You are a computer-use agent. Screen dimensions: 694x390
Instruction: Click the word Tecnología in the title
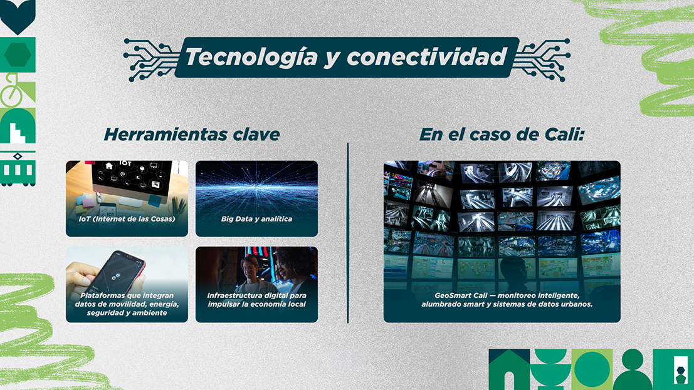point(251,58)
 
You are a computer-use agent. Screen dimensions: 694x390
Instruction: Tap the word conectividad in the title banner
point(427,56)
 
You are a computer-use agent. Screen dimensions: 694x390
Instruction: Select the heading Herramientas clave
point(192,135)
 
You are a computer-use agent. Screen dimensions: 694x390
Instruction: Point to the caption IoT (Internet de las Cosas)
point(127,219)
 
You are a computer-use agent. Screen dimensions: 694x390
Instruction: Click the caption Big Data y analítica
point(256,219)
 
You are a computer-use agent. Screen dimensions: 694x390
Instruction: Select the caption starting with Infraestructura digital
point(256,300)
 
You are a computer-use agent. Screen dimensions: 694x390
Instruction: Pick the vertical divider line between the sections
point(348,233)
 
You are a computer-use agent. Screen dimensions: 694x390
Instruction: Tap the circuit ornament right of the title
point(541,59)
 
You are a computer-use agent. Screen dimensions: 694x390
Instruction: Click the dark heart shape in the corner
point(18,16)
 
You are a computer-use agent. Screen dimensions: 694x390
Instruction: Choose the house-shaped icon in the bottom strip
point(509,370)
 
